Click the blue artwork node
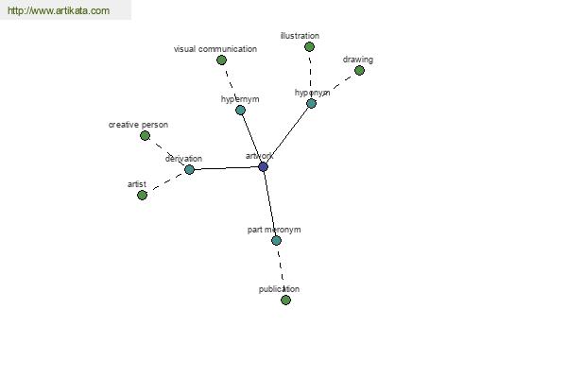pyautogui.click(x=264, y=166)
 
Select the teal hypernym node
pyautogui.click(x=240, y=110)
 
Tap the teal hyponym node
pyautogui.click(x=311, y=103)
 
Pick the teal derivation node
pyautogui.click(x=189, y=169)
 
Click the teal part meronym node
pyautogui.click(x=276, y=240)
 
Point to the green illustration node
pyautogui.click(x=309, y=46)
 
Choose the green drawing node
pyautogui.click(x=359, y=70)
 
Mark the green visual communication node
pyautogui.click(x=222, y=60)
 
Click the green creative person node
pyautogui.click(x=145, y=136)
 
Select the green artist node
pyautogui.click(x=142, y=196)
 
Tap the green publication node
pyautogui.click(x=285, y=300)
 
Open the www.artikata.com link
pyautogui.click(x=59, y=10)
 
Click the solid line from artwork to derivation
pyautogui.click(x=226, y=168)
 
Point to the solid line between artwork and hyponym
pyautogui.click(x=288, y=134)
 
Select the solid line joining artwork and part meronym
pyautogui.click(x=269, y=204)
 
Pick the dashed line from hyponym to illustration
pyautogui.click(x=310, y=75)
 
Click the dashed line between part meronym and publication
pyautogui.click(x=281, y=270)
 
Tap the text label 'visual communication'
pyautogui.click(x=215, y=49)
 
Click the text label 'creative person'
pyautogui.click(x=139, y=125)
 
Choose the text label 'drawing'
pyautogui.click(x=358, y=60)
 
